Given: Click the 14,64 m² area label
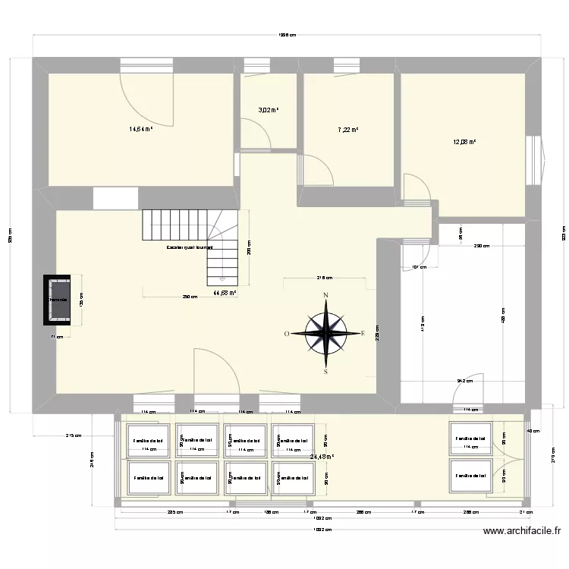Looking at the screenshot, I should point(141,129).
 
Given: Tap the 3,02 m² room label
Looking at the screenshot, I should point(268,110).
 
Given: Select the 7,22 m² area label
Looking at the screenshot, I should point(347,130).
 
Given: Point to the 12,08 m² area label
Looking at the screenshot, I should point(464,141).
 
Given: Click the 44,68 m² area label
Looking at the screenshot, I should point(225,293).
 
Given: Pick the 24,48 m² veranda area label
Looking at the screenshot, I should point(322,457).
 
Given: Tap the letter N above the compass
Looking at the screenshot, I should point(326,295).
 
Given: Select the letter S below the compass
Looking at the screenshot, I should point(326,372).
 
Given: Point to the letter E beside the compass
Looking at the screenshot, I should point(363,333).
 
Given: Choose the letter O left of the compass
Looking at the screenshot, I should point(288,333).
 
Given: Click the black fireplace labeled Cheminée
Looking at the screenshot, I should point(58,300).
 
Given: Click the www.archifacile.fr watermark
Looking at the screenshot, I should point(523,532).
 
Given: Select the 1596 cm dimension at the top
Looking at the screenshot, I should point(286,33).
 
